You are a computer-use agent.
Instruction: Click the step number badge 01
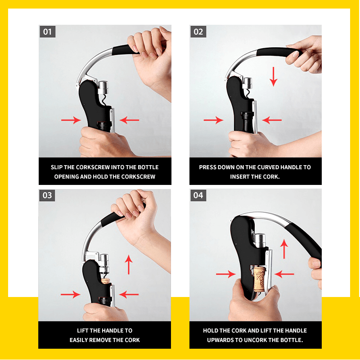click(x=47, y=32)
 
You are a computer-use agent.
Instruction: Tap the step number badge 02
click(x=198, y=32)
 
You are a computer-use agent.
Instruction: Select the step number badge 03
click(x=47, y=196)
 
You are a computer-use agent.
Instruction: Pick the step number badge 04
click(x=198, y=196)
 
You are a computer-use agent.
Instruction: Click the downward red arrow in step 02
click(x=273, y=76)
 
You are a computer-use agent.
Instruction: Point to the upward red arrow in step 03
click(x=129, y=264)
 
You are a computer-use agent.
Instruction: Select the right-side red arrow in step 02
click(x=272, y=120)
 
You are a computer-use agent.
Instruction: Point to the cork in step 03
click(x=105, y=282)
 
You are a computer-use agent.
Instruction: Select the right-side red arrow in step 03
click(x=129, y=295)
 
